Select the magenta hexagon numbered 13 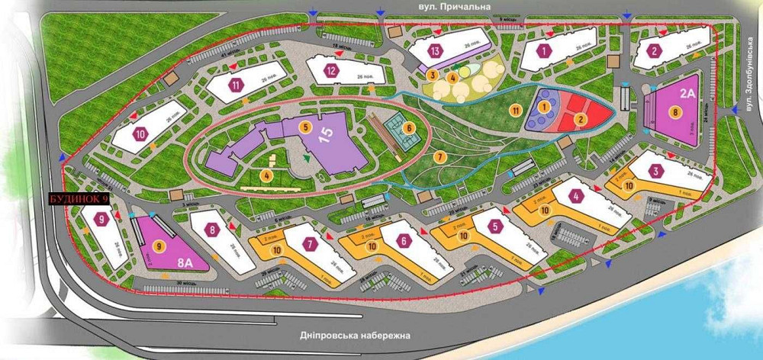click(x=436, y=51)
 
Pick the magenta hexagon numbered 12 click(x=330, y=71)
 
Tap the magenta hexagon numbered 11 click(x=237, y=85)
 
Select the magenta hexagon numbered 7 click(x=310, y=245)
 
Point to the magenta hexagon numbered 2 click(x=655, y=52)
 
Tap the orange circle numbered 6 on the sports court click(x=409, y=128)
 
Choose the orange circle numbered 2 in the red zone click(x=581, y=118)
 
